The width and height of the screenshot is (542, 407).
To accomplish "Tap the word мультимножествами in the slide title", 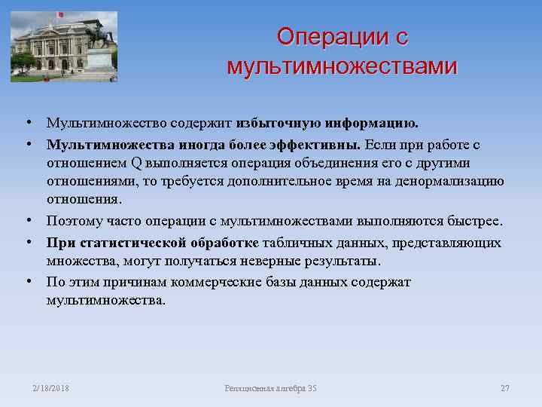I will tap(341, 66).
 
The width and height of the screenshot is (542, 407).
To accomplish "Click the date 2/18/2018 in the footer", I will tap(50, 388).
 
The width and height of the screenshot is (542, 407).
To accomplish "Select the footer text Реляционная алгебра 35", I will tap(271, 388).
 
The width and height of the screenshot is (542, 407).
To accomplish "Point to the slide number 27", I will tap(504, 388).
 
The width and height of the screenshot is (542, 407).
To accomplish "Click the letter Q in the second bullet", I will tap(136, 163).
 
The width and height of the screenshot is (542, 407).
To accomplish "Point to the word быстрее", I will tap(474, 222).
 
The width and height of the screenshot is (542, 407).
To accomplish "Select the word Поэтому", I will tap(73, 222).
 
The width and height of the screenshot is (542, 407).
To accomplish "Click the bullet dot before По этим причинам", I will tap(26, 280).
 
